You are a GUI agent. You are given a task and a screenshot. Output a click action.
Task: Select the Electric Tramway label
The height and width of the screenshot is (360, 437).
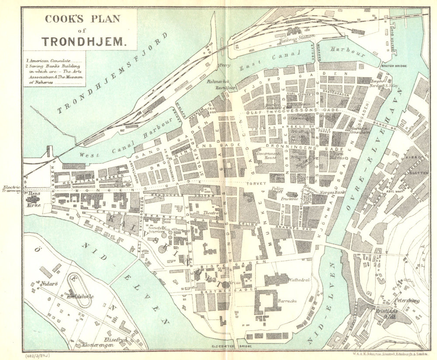(12, 189)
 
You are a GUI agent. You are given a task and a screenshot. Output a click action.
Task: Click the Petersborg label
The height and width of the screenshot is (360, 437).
(406, 301)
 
